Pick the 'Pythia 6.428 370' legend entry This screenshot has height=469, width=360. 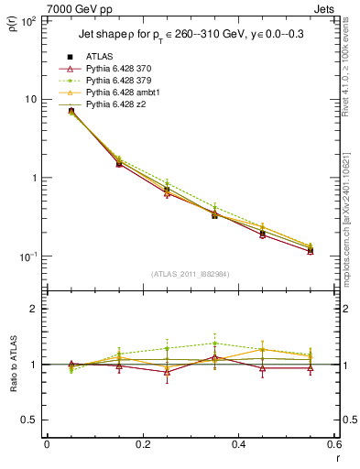tap(114, 70)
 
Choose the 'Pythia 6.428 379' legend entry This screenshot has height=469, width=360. tap(114, 82)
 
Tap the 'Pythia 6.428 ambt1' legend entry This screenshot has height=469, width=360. tap(117, 93)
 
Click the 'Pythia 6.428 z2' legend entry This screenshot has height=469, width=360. tap(110, 105)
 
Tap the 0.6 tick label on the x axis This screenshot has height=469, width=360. tap(333, 445)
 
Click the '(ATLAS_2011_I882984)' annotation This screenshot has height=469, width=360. tap(191, 275)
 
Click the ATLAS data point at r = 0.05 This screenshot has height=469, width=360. tap(71, 111)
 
